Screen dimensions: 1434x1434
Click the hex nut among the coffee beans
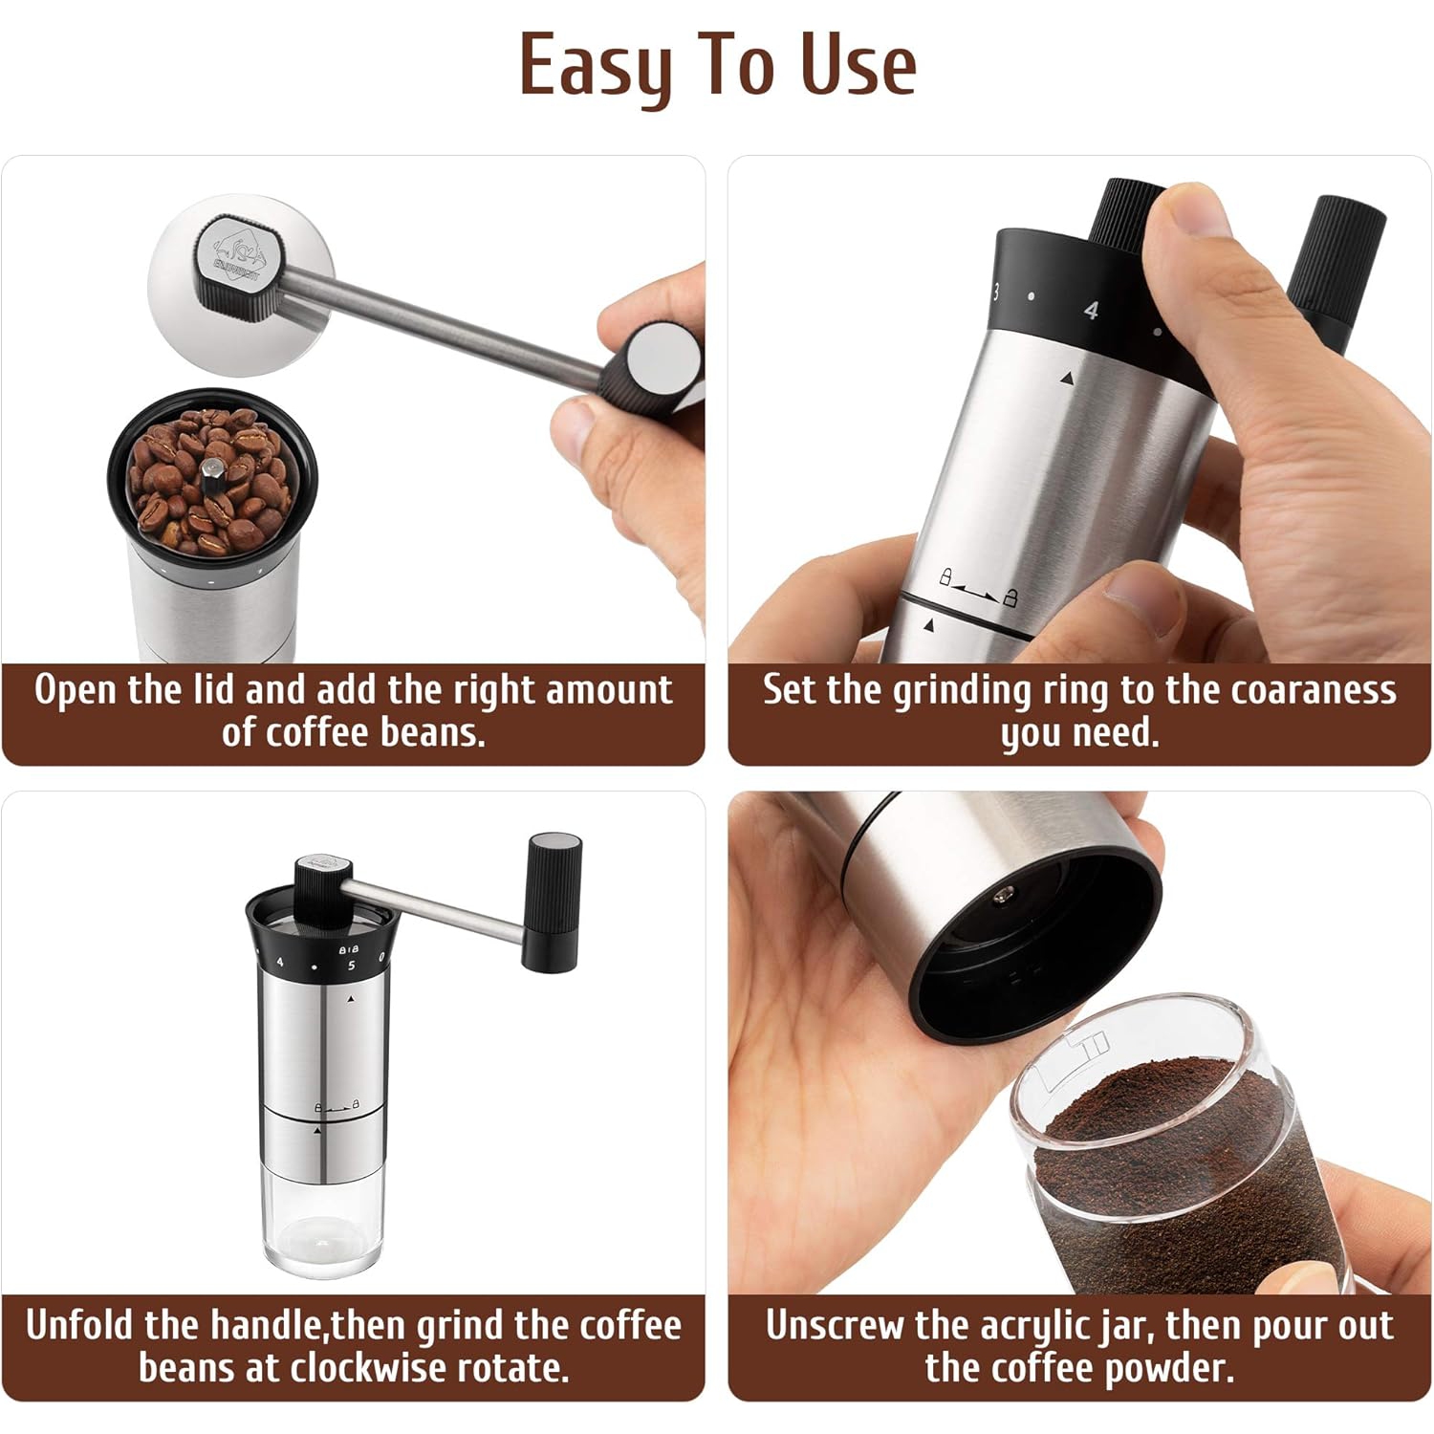tap(212, 470)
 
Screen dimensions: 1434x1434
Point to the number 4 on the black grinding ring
tap(1091, 310)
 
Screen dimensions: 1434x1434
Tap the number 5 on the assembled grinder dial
tap(351, 966)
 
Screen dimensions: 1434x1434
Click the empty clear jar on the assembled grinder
tap(322, 1225)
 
